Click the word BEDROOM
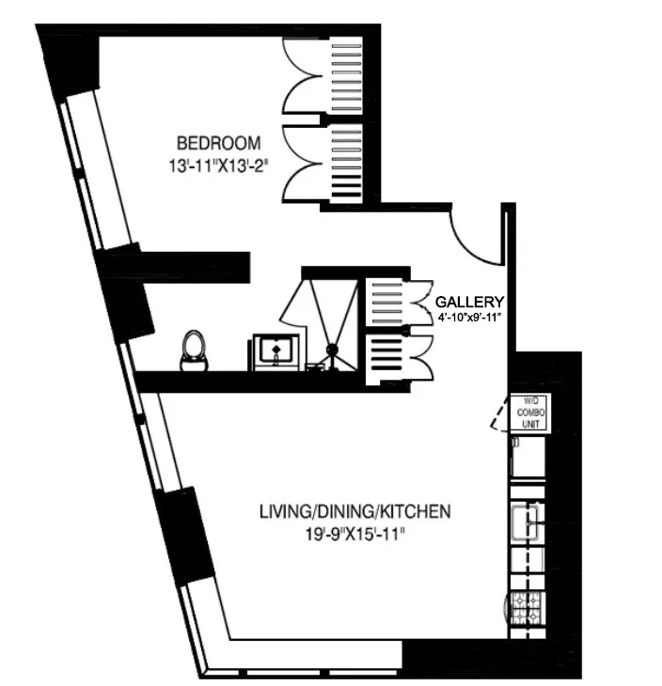(218, 143)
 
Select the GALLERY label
(469, 302)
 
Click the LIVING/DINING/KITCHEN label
(355, 512)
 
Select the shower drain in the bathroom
(332, 351)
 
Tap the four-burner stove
(527, 610)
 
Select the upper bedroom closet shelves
(346, 80)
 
